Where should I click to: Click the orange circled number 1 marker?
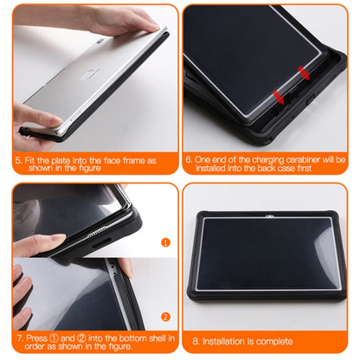pyautogui.click(x=166, y=242)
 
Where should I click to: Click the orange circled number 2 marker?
pyautogui.click(x=166, y=317)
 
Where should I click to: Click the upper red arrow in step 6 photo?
pyautogui.click(x=302, y=69)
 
